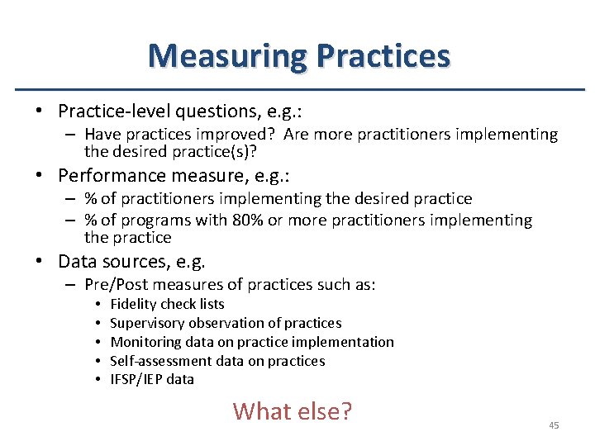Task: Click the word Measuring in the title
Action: pos(227,56)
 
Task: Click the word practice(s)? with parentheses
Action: pos(224,151)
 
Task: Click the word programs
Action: pos(155,221)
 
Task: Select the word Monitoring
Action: pos(145,342)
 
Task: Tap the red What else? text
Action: pos(293,410)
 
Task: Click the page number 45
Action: pos(554,425)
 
